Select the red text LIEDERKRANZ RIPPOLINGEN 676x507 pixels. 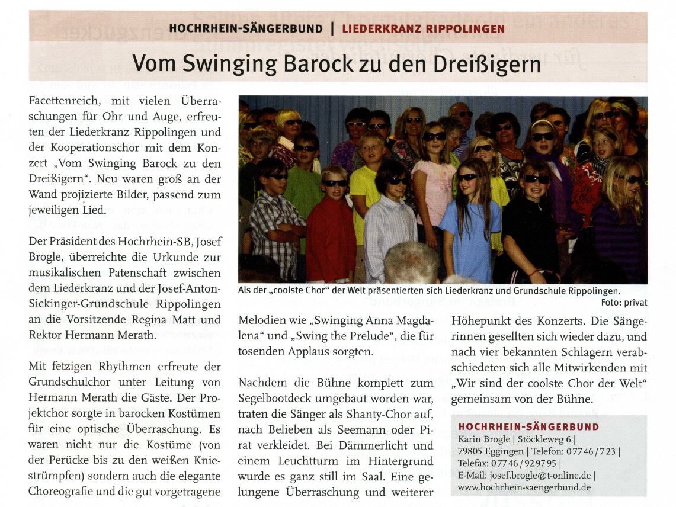pyautogui.click(x=423, y=28)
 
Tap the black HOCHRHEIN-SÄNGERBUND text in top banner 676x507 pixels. pyautogui.click(x=246, y=28)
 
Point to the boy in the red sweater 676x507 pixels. pyautogui.click(x=330, y=231)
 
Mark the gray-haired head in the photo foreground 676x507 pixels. pyautogui.click(x=411, y=264)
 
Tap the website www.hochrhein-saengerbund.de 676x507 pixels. pyautogui.click(x=524, y=487)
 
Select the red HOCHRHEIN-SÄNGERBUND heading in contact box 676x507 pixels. pyautogui.click(x=528, y=426)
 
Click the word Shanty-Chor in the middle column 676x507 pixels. pyautogui.click(x=368, y=413)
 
